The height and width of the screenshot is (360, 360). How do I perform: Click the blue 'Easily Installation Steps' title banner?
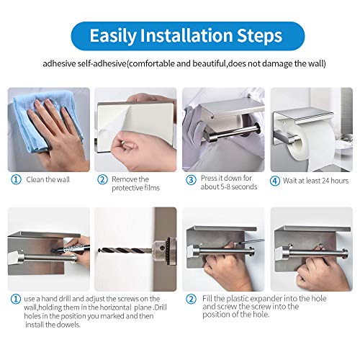[x=179, y=35]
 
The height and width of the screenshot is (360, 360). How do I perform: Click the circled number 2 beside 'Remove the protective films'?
[x=102, y=179]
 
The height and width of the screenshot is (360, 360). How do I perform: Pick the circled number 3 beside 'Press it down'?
[x=191, y=179]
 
